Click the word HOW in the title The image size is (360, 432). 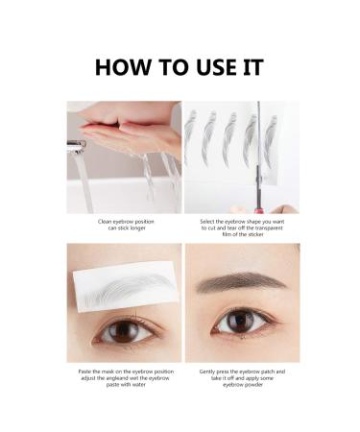[123, 67]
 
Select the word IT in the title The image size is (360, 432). [253, 67]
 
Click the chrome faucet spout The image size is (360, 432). [76, 146]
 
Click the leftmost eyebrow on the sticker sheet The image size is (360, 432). [190, 135]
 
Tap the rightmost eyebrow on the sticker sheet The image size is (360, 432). [270, 141]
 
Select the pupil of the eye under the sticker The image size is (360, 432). [124, 331]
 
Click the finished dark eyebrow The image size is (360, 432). [241, 281]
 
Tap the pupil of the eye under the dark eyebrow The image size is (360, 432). [241, 320]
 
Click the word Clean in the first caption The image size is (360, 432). [105, 222]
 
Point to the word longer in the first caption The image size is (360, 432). [137, 228]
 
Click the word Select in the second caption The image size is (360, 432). [208, 222]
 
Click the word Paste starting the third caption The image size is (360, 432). [85, 372]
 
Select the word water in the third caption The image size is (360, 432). [138, 385]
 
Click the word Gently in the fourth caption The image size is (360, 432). [207, 372]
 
